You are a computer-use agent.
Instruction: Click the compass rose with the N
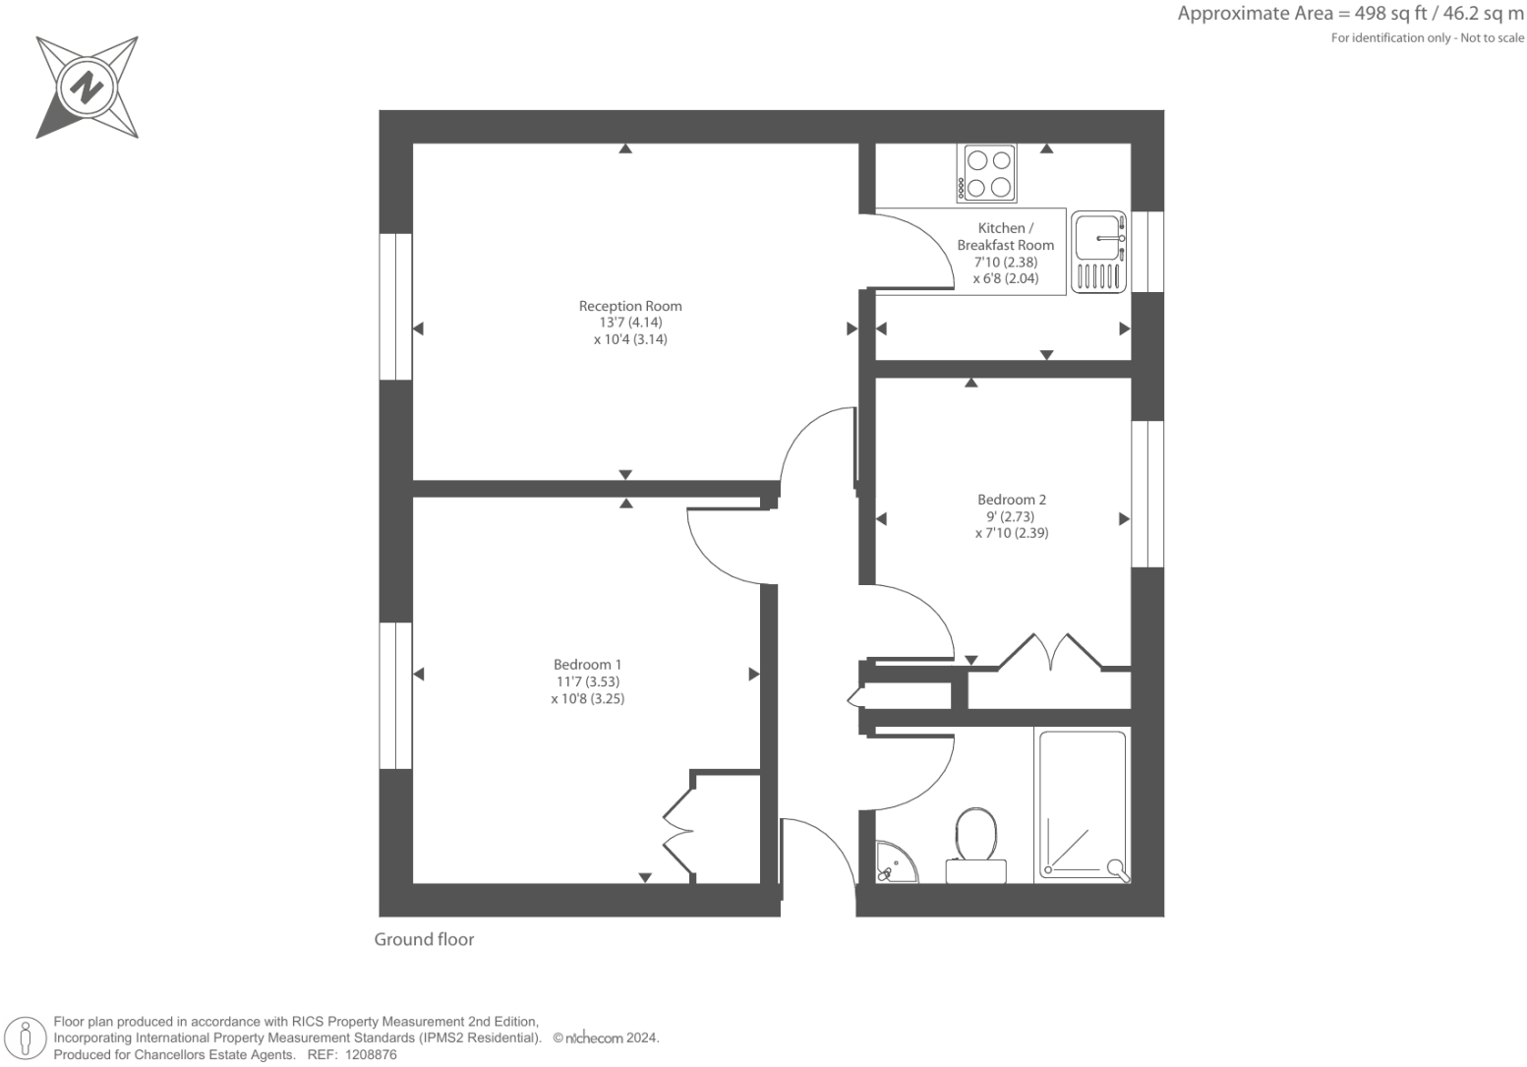pos(88,89)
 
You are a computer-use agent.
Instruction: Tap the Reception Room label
pos(629,306)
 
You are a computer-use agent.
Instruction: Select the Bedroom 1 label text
pos(587,665)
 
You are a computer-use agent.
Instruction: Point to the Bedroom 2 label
pos(1011,500)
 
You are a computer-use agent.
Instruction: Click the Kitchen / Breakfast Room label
pos(1005,236)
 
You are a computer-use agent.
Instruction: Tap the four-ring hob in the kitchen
pos(988,173)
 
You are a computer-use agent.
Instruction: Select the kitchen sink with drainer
pos(1098,252)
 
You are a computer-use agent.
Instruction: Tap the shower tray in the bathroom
pos(1082,804)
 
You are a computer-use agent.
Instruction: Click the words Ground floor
pos(424,939)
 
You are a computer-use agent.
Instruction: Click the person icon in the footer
pos(27,1038)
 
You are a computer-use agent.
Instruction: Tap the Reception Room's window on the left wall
pos(395,306)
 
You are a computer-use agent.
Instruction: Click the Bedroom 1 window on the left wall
pos(395,695)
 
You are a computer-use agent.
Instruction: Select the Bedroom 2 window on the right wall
pos(1147,494)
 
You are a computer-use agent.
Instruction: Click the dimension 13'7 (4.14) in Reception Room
pos(629,323)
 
